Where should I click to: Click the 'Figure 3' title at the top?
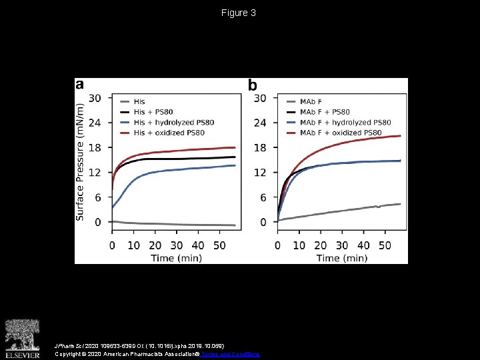[x=239, y=13]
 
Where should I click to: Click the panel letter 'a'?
[x=80, y=85]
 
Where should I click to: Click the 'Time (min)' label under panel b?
[x=341, y=257]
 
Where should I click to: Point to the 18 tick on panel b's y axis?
[x=260, y=147]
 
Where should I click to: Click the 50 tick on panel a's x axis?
[x=219, y=245]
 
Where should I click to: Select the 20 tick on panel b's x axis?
[x=320, y=245]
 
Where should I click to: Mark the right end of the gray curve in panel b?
[x=400, y=204]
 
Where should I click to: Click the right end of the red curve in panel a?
[x=235, y=147]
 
